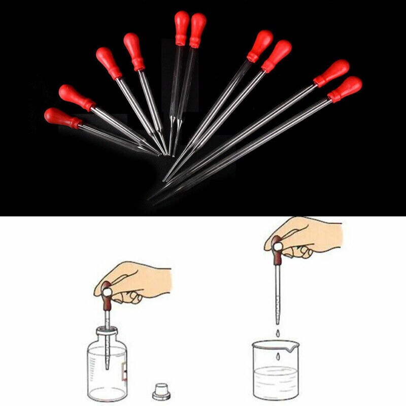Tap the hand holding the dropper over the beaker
point(304,236)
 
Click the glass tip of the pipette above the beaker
point(277,320)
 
